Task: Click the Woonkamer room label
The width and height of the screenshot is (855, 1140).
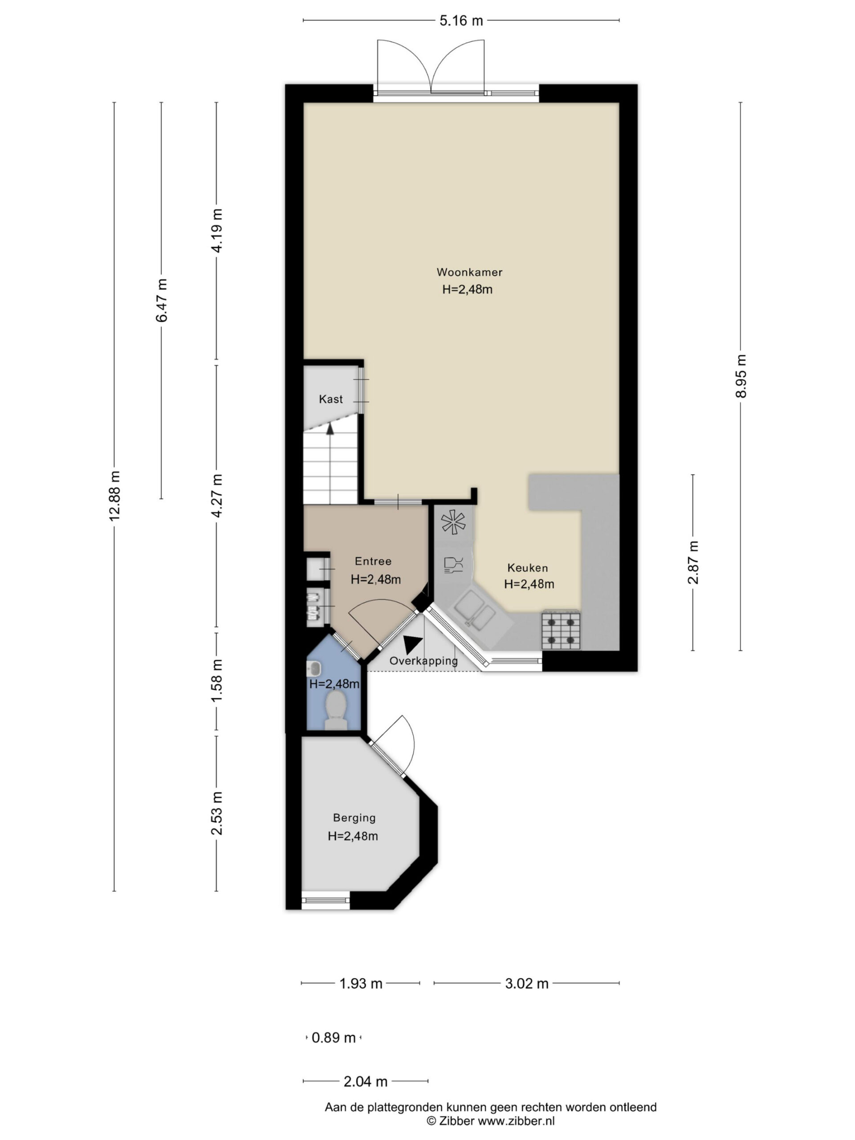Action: click(x=469, y=272)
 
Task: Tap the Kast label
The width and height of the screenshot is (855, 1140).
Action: click(x=330, y=399)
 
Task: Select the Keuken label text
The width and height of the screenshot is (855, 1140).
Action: click(x=527, y=568)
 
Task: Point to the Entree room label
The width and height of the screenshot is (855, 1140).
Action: click(x=373, y=561)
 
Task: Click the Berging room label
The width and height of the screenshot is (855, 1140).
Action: click(x=354, y=818)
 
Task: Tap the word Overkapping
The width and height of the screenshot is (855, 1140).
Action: click(x=423, y=661)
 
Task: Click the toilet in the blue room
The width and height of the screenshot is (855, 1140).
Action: click(x=335, y=710)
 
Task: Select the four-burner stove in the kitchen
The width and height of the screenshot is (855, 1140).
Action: click(x=560, y=631)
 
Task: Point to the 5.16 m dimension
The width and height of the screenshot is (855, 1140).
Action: click(x=461, y=20)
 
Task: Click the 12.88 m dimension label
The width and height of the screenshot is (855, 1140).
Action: click(x=114, y=495)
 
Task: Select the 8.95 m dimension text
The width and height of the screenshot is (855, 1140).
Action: click(x=741, y=376)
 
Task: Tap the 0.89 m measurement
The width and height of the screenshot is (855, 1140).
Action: click(x=334, y=1038)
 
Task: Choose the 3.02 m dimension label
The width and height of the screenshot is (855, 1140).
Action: click(x=526, y=983)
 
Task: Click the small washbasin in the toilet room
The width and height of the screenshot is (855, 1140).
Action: click(x=313, y=669)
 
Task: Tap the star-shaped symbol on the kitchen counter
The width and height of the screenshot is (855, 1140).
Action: click(x=453, y=522)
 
